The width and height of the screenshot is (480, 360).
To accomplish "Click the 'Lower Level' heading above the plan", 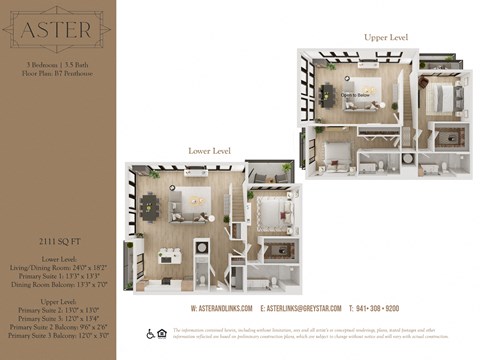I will click(x=210, y=150).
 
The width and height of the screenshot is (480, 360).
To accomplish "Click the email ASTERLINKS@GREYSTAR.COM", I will click(x=300, y=309).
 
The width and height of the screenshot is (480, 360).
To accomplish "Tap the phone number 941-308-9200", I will click(x=375, y=309).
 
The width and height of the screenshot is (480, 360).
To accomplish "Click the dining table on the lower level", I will click(x=149, y=206).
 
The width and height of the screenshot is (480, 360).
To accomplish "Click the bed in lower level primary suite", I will click(x=268, y=210).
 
